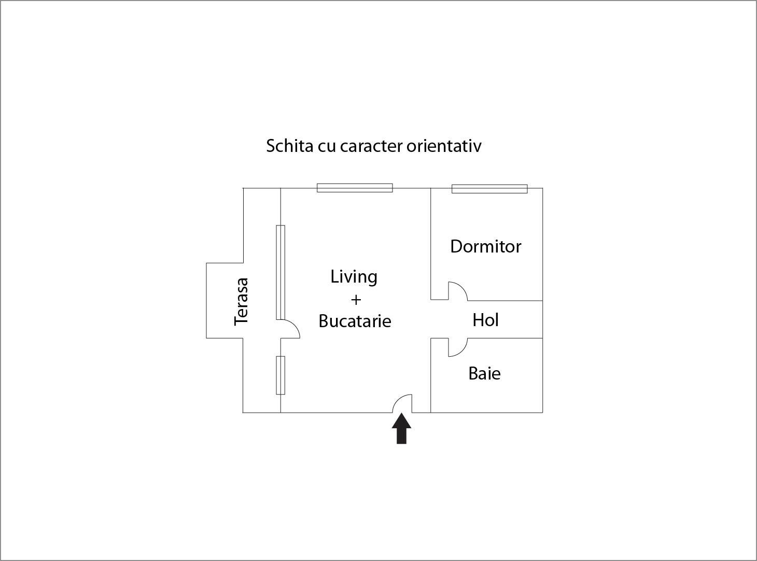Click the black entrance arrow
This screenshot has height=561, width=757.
coord(401,428)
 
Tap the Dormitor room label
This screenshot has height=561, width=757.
coord(486,246)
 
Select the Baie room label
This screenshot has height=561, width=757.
coord(484,373)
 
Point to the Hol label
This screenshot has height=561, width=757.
coord(485,320)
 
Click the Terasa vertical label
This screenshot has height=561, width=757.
coord(241,302)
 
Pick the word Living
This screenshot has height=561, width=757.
coord(354,277)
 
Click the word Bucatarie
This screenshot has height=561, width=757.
coord(355,321)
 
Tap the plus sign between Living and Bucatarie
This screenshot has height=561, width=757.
coord(356,300)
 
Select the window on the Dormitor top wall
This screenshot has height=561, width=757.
coord(489,189)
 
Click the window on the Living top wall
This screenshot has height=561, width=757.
coord(355,188)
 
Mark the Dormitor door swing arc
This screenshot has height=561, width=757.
coord(458,291)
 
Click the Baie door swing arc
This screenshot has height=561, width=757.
coord(458,347)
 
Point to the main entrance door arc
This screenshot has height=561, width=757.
coord(402,403)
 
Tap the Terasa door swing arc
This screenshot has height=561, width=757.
coord(290,329)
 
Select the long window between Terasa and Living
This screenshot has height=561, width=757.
coord(281,273)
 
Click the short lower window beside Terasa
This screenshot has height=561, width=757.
coord(281,375)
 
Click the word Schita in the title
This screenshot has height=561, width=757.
coord(290,146)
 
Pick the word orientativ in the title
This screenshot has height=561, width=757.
coord(444,146)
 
